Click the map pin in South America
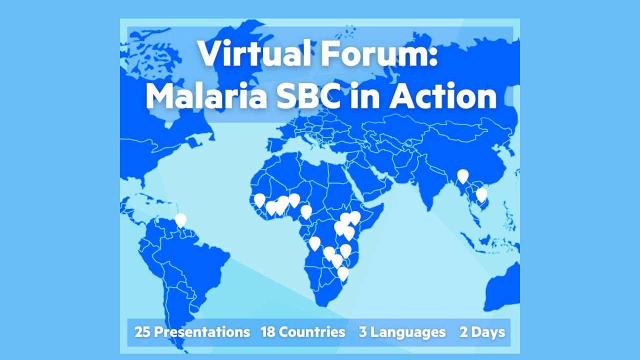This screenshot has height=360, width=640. pyautogui.click(x=180, y=220)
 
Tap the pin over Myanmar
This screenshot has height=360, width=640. pyautogui.click(x=463, y=176)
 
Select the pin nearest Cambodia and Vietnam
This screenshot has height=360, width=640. pyautogui.click(x=481, y=194)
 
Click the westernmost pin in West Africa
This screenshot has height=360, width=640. pyautogui.click(x=259, y=200)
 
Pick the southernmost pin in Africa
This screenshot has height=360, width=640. pyautogui.click(x=343, y=273)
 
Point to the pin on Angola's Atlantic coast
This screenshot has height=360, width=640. pyautogui.click(x=314, y=243)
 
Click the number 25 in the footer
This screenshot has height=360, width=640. pyautogui.click(x=142, y=332)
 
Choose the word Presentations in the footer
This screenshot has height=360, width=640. pyautogui.click(x=202, y=332)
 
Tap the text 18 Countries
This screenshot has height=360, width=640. pyautogui.click(x=302, y=332)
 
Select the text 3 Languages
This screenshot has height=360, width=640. pyautogui.click(x=402, y=332)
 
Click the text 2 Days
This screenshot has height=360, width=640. pyautogui.click(x=482, y=332)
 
